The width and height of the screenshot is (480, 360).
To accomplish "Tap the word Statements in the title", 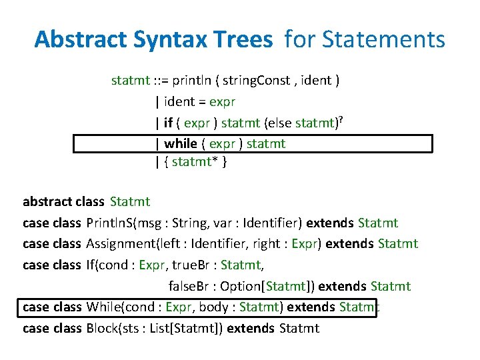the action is (383, 40).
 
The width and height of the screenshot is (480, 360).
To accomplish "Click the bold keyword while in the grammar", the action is (180, 143).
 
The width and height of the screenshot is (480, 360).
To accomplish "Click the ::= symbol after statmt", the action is (160, 81).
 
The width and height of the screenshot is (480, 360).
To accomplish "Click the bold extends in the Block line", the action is (251, 328).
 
